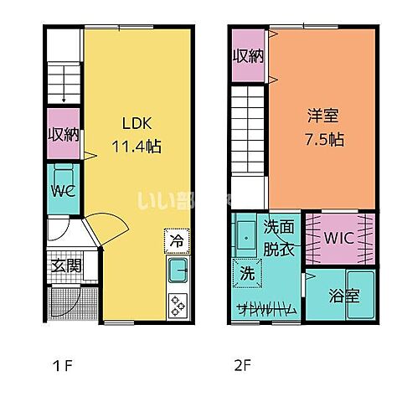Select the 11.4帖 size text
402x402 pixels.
pyautogui.click(x=137, y=145)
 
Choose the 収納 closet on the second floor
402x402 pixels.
pyautogui.click(x=248, y=56)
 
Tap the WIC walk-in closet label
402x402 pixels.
pyautogui.click(x=340, y=237)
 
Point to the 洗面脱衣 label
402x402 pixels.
pyautogui.click(x=279, y=237)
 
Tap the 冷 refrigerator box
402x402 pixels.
pyautogui.click(x=177, y=241)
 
